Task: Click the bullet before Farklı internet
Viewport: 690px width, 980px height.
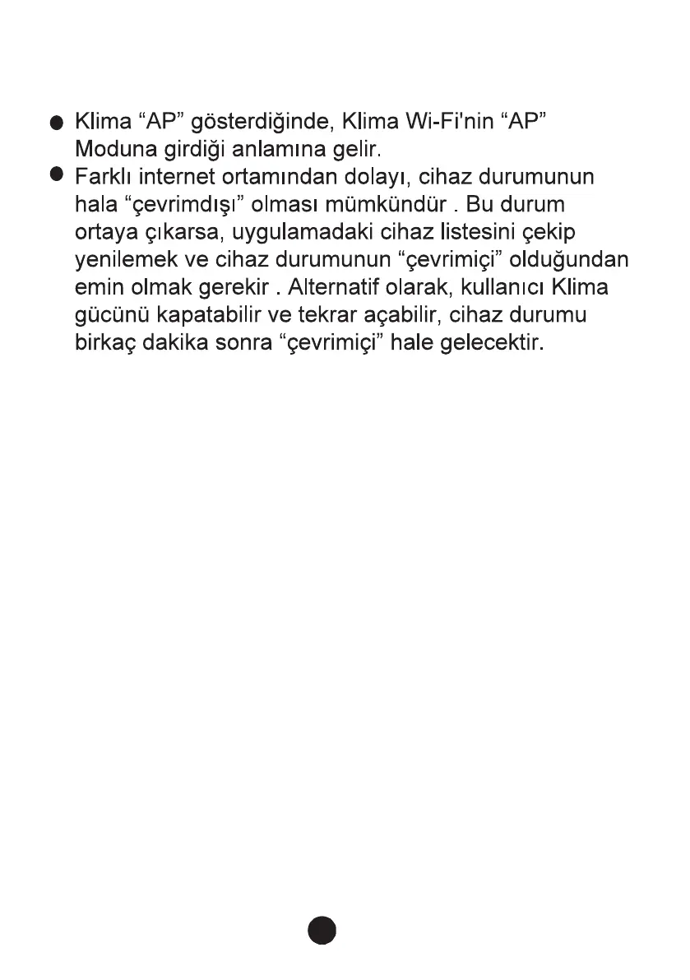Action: click(x=56, y=174)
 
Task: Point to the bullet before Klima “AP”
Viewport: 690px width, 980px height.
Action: click(x=56, y=125)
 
